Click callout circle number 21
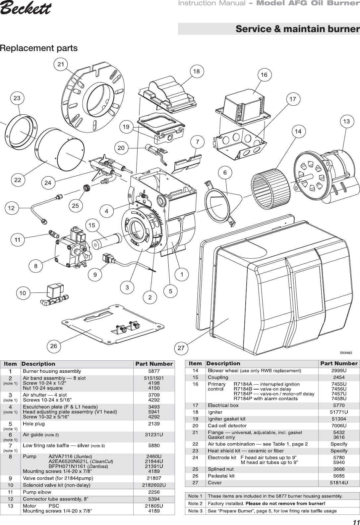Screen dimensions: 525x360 [61, 65]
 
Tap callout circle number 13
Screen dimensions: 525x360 [346, 122]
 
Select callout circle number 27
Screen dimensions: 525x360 [181, 348]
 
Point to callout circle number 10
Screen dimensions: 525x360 [23, 293]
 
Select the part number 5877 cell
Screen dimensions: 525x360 [154, 371]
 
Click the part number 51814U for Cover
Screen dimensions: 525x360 [339, 483]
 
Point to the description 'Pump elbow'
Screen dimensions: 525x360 [37, 492]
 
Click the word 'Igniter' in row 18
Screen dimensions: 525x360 [215, 412]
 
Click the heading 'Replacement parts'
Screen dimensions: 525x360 [39, 48]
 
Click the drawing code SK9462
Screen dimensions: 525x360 [345, 353]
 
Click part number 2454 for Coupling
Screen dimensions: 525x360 [339, 377]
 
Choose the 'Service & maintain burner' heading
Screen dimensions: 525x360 [297, 29]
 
